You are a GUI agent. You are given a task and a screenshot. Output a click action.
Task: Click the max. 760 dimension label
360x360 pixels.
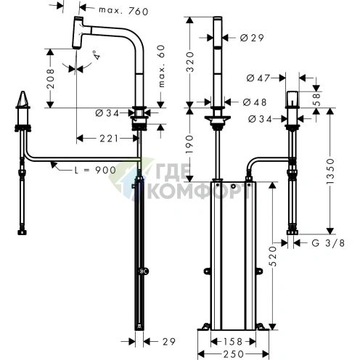[x=123, y=11]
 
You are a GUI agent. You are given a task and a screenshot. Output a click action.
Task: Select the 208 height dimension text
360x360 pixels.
[x=50, y=78]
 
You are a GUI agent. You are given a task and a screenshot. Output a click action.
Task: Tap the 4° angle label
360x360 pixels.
[x=97, y=55]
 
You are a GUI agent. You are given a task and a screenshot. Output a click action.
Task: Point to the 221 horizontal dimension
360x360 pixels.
[x=109, y=139]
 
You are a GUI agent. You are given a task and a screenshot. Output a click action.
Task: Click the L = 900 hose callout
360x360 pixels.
[x=95, y=170]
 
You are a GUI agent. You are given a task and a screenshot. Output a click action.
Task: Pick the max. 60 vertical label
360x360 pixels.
[x=161, y=66]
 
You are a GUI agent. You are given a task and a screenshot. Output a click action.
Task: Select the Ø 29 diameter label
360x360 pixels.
[x=252, y=38]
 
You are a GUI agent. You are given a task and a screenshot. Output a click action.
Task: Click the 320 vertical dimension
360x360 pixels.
[x=191, y=62]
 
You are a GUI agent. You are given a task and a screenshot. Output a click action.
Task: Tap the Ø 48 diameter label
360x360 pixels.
[x=255, y=102]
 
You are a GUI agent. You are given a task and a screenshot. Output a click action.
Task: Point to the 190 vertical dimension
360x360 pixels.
[x=190, y=144]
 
